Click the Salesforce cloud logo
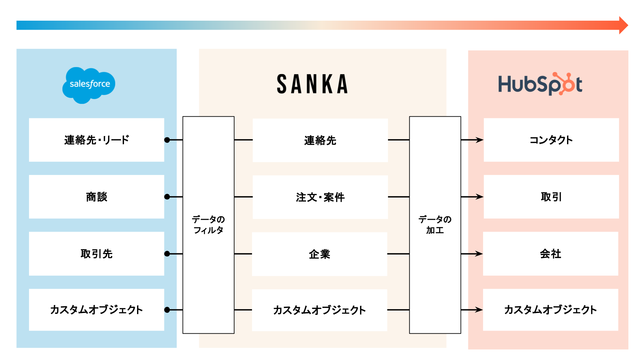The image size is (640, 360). click(89, 85)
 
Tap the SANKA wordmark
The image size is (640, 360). click(312, 84)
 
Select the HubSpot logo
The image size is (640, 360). click(540, 84)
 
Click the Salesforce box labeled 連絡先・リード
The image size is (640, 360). click(96, 140)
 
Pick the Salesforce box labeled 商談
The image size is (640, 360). click(96, 197)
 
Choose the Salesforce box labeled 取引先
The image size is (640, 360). click(96, 254)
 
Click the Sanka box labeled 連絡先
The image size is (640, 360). click(320, 140)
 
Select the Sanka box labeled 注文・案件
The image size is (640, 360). click(320, 197)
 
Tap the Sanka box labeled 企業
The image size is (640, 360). click(319, 254)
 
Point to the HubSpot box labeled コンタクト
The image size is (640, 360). click(551, 140)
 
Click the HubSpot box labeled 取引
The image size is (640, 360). click(551, 197)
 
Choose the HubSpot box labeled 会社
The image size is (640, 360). click(550, 254)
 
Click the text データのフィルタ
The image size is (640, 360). click(208, 225)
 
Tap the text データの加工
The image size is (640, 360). click(435, 225)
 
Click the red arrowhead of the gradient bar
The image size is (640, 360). click(623, 25)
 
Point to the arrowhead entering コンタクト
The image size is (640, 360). click(480, 140)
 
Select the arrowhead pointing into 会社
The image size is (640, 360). click(479, 254)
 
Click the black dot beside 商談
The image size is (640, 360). click(167, 197)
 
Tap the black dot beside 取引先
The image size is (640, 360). click(167, 254)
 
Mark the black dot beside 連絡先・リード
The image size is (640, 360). click(167, 140)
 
